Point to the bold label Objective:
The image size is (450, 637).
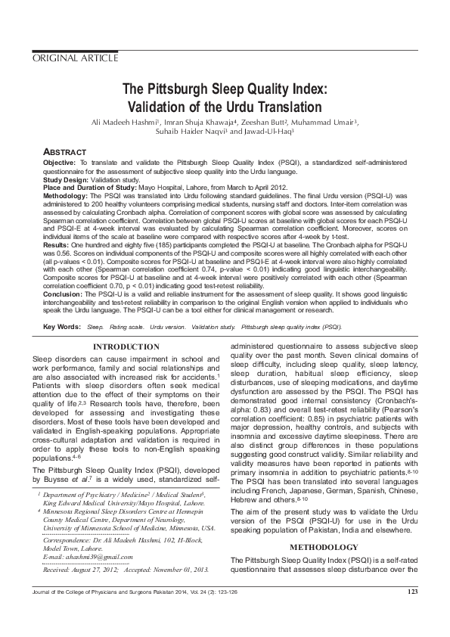pyautogui.click(x=59, y=163)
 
